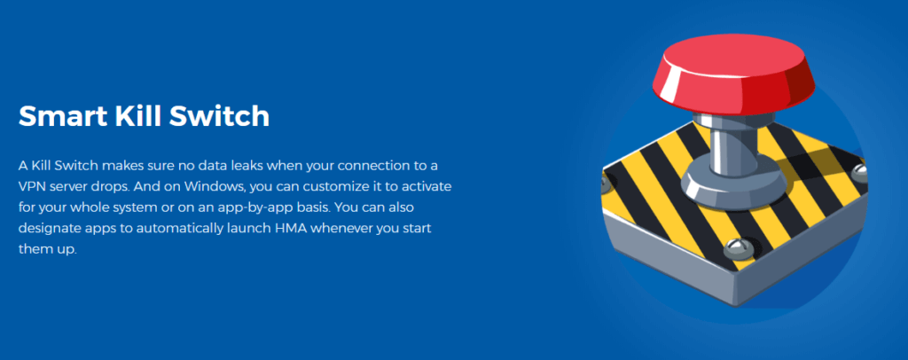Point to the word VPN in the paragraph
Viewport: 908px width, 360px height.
click(x=30, y=187)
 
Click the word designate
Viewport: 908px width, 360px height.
click(x=46, y=228)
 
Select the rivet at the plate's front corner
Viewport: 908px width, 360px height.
click(x=734, y=249)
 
